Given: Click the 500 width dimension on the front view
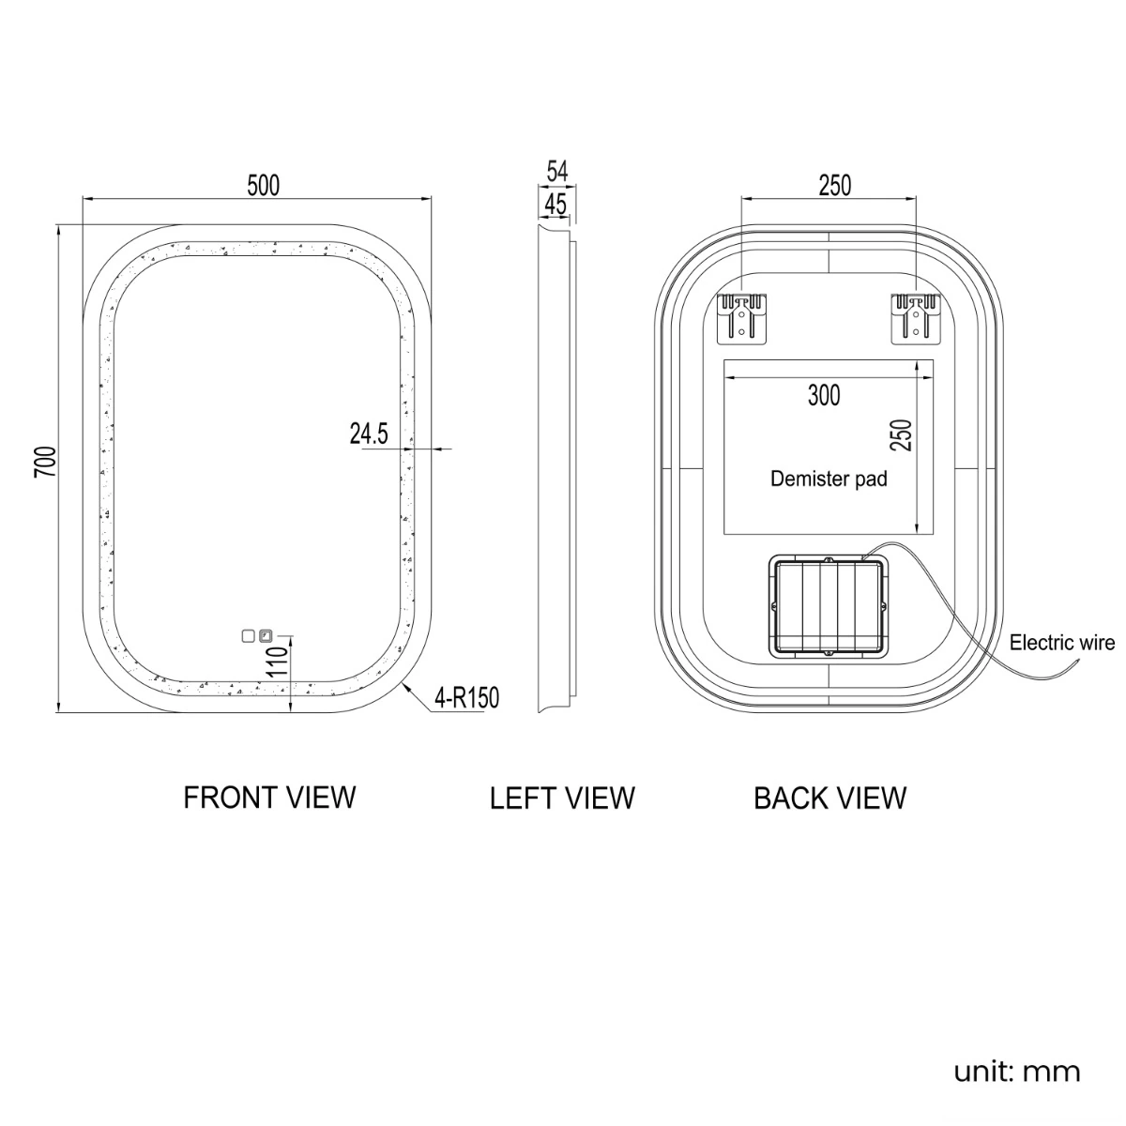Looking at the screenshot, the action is click(x=263, y=185).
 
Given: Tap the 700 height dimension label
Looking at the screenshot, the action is click(x=46, y=461).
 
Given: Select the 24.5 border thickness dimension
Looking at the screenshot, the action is click(x=369, y=434).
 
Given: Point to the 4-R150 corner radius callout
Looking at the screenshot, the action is click(x=467, y=698).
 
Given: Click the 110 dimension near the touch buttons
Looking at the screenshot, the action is click(x=278, y=662).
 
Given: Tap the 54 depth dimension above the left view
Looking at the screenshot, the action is click(x=556, y=171).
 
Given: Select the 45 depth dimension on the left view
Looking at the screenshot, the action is click(x=555, y=204).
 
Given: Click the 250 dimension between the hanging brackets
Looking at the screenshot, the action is click(x=834, y=185).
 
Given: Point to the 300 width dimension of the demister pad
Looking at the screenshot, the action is click(x=824, y=395).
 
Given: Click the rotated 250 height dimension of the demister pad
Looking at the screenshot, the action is click(x=901, y=434).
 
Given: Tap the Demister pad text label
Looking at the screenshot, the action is click(x=829, y=479).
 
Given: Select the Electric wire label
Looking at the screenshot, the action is click(x=1061, y=643).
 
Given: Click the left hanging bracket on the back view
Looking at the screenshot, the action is click(x=741, y=319).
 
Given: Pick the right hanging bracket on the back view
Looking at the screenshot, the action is click(x=915, y=319).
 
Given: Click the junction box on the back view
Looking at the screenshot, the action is click(x=829, y=606).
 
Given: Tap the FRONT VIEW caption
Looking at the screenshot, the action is click(x=269, y=798).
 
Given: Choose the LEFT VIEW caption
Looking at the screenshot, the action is click(x=562, y=799).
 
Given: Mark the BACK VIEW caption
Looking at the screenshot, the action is click(x=829, y=799).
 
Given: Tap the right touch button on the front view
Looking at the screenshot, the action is click(x=266, y=635).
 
